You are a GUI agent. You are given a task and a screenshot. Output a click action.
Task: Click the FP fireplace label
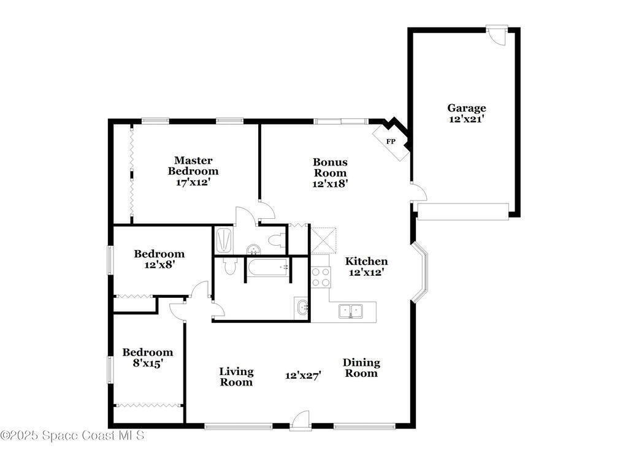click(391, 142)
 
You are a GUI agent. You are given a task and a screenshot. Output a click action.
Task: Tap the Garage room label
click(467, 108)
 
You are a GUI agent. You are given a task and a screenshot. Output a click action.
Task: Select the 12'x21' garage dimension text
click(467, 119)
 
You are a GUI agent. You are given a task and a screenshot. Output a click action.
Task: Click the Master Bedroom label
click(193, 165)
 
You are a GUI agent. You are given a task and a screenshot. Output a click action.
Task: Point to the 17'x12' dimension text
click(193, 183)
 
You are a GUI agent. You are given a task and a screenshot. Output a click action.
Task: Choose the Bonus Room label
click(330, 167)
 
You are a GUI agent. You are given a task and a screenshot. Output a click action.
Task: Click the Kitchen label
click(367, 262)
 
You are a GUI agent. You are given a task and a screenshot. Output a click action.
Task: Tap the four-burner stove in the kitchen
click(321, 277)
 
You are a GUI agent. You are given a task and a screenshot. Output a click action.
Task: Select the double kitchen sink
click(350, 311)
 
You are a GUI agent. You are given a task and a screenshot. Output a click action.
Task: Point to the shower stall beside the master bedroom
click(224, 240)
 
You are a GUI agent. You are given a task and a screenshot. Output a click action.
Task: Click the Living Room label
click(236, 377)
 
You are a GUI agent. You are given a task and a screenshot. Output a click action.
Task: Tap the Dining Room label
click(361, 368)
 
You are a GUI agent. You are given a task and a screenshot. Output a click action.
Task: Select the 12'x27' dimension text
click(303, 376)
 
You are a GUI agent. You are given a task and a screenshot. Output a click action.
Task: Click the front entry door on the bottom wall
click(301, 421)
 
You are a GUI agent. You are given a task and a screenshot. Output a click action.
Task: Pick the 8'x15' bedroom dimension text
click(147, 363)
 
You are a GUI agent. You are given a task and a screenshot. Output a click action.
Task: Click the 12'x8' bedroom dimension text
click(159, 264)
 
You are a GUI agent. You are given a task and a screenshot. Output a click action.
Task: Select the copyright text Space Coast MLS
click(72, 435)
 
